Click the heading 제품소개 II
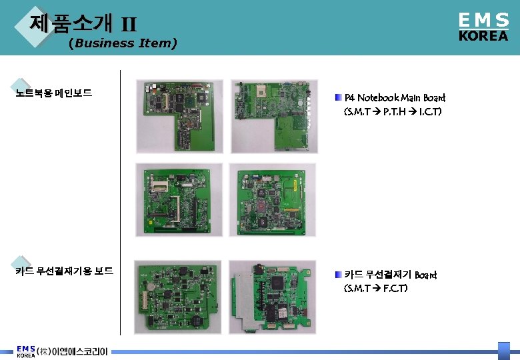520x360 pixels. point(83,25)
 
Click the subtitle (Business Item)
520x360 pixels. point(123,43)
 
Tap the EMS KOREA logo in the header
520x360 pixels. point(483,27)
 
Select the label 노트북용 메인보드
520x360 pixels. point(54,93)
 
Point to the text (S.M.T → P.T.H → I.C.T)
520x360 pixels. point(392,112)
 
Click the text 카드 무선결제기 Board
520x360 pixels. point(391,275)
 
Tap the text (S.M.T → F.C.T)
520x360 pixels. point(376,289)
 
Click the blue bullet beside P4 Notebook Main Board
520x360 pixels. point(338,98)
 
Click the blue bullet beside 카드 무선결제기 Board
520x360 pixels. point(338,275)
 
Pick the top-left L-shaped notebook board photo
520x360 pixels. point(179,117)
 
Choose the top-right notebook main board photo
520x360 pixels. point(273,117)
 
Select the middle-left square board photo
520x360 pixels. point(179,200)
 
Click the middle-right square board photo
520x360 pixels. point(273,200)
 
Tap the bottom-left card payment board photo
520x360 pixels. point(179,297)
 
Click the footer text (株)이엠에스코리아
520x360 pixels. point(72,351)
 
